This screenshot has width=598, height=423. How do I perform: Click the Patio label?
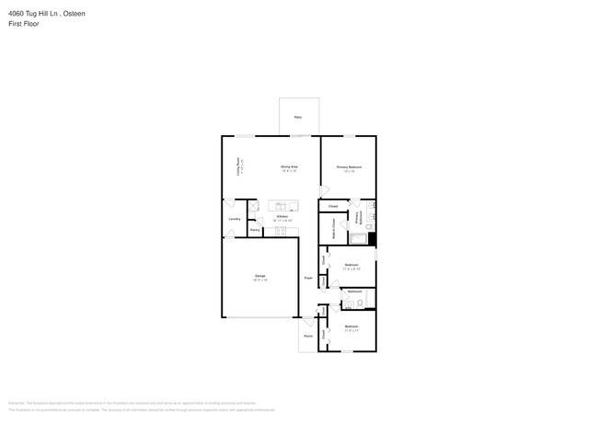pyautogui.click(x=298, y=118)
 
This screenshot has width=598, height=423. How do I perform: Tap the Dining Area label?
pyautogui.click(x=289, y=166)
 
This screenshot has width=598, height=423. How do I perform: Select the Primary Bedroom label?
pyautogui.click(x=349, y=167)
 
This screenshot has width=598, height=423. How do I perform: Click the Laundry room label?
pyautogui.click(x=235, y=218)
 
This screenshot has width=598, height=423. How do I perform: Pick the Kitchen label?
pyautogui.click(x=282, y=217)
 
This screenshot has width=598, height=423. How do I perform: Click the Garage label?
pyautogui.click(x=260, y=276)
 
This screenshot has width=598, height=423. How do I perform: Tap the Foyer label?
pyautogui.click(x=308, y=277)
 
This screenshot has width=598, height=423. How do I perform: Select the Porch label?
pyautogui.click(x=307, y=337)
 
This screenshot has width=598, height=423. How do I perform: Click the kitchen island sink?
pyautogui.click(x=279, y=206)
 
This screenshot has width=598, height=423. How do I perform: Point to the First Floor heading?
pyautogui.click(x=24, y=24)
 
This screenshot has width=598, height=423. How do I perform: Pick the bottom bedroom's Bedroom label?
pyautogui.click(x=351, y=326)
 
